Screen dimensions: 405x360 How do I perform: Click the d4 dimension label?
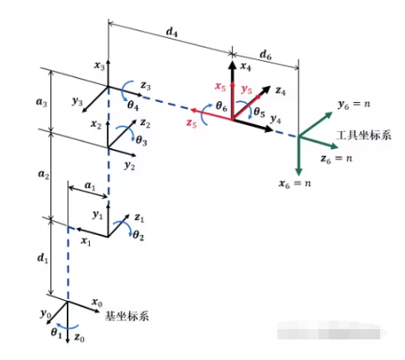tap(172, 33)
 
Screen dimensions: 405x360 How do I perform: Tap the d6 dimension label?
tap(265, 55)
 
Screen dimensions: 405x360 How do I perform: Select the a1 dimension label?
tap(90, 186)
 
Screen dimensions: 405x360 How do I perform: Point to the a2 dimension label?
tap(44, 174)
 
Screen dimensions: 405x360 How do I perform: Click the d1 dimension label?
tap(43, 258)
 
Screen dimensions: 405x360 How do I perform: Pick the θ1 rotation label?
tap(57, 333)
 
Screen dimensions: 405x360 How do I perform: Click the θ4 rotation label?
tap(133, 105)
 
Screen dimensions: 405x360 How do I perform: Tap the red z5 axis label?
tap(191, 123)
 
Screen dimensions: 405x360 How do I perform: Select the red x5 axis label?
tap(220, 86)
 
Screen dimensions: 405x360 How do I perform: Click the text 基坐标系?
tap(127, 316)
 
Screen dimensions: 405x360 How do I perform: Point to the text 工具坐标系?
tap(363, 135)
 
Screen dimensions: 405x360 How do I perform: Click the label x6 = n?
tap(295, 183)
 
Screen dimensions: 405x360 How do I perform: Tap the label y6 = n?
tap(354, 105)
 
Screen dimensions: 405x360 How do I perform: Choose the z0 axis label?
tap(80, 338)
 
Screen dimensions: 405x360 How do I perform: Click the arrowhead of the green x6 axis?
tap(299, 171)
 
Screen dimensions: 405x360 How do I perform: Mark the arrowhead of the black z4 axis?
tap(265, 89)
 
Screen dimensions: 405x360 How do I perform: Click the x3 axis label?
tap(99, 66)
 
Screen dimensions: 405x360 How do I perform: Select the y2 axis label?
tap(129, 165)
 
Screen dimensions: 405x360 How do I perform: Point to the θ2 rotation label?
tap(138, 235)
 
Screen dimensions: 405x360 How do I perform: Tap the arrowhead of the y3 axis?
tap(84, 111)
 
